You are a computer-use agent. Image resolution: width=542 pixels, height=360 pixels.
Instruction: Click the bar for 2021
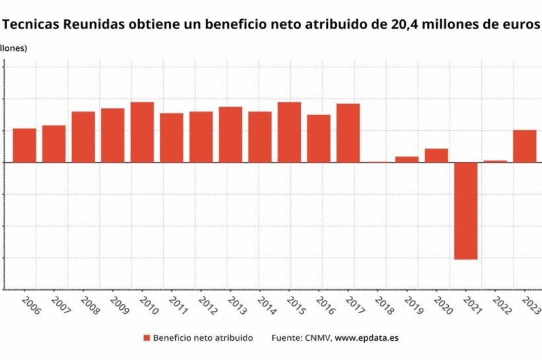465,210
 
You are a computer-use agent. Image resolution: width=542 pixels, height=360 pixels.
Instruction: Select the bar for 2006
24,145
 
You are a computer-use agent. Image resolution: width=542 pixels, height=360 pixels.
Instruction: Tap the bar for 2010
142,131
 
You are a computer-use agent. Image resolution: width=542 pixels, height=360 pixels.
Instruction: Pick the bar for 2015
289,131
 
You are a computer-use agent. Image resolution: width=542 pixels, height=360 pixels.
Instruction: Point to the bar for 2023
525,145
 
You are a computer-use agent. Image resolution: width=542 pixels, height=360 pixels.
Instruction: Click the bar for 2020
436,155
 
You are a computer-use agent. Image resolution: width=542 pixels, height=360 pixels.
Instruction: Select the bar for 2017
348,132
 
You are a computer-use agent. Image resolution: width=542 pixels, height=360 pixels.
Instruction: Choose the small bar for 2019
407,159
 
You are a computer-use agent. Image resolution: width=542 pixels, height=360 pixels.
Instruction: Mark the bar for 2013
230,134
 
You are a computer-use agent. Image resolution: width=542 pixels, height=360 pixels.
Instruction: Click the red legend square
147,338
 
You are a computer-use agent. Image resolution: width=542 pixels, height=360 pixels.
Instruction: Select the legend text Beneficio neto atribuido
202,338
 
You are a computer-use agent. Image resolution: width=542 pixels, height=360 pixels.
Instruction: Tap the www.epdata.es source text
367,338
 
